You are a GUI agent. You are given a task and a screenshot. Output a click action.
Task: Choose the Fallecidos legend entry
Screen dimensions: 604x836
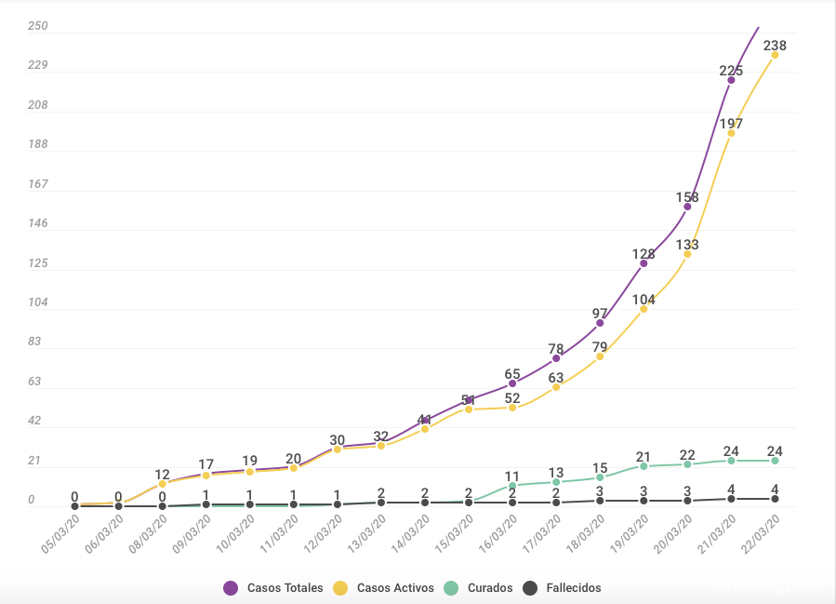tap(563, 588)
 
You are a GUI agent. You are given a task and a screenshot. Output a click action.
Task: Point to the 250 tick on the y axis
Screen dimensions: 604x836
tap(37, 26)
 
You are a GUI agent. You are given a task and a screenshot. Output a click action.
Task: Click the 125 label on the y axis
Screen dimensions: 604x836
tap(37, 263)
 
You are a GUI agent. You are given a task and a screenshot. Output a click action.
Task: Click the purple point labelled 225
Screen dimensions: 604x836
tap(731, 80)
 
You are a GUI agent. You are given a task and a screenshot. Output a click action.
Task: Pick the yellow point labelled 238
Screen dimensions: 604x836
tap(775, 55)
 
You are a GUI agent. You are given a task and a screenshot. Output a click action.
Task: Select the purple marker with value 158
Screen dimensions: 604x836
tap(687, 207)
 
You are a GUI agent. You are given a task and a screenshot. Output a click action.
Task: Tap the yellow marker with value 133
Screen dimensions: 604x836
tap(687, 254)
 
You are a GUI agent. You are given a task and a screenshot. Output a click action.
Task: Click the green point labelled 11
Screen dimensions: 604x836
tap(512, 486)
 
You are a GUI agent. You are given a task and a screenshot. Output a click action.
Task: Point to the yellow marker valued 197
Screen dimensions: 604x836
tap(731, 133)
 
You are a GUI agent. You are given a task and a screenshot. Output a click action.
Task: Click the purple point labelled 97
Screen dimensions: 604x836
tap(600, 323)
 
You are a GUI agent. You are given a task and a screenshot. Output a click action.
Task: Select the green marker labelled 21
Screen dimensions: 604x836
tap(644, 466)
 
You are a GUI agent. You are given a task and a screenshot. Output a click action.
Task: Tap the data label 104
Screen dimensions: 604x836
tap(644, 300)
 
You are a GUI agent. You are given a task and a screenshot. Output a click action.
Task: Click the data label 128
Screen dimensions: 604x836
tap(644, 254)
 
